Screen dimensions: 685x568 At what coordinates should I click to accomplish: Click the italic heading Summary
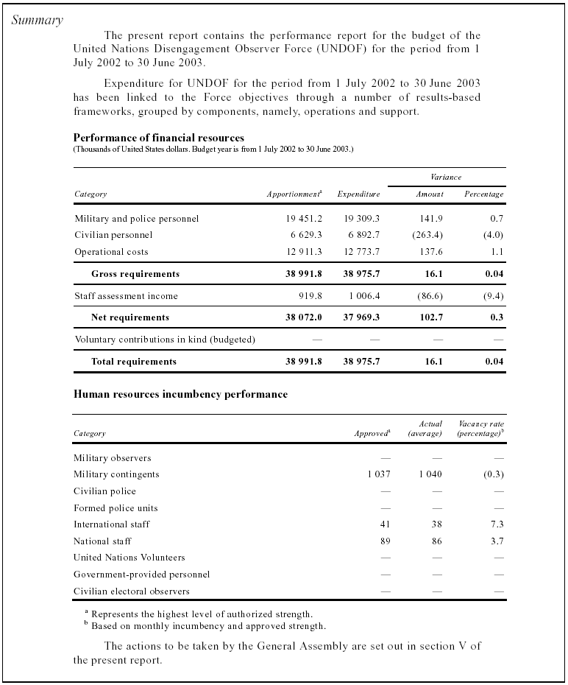coord(38,21)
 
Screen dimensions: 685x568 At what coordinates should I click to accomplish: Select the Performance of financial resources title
coord(159,138)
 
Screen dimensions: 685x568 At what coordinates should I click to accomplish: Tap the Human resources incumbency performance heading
coord(180,394)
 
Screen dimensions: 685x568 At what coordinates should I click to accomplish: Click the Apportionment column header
coord(294,194)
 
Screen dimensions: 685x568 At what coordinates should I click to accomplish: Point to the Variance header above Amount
coord(446,178)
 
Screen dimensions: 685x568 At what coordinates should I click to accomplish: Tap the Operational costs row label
coord(111,252)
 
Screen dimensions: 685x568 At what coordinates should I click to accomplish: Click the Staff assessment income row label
coord(126,296)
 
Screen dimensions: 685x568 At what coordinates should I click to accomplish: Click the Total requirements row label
coord(133,362)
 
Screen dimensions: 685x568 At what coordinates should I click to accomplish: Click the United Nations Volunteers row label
coord(129,558)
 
